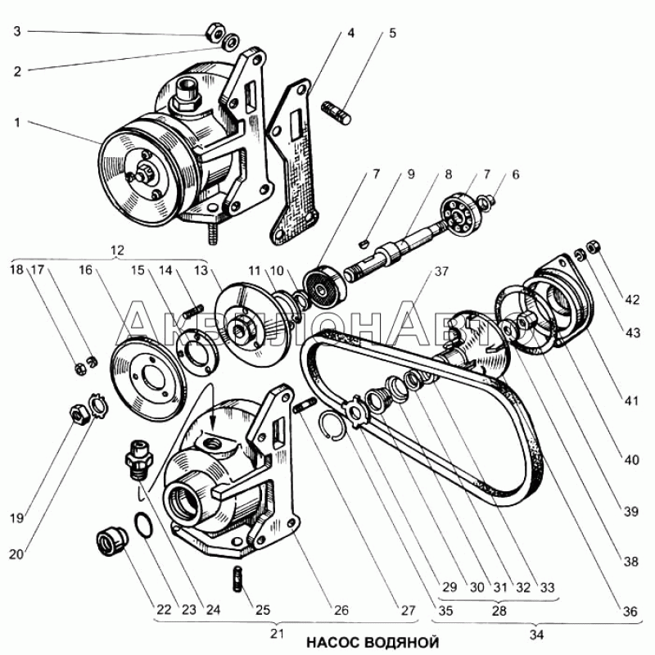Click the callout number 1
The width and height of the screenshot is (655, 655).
16,122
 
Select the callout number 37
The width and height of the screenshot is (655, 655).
443,271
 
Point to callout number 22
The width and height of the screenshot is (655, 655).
165,610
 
